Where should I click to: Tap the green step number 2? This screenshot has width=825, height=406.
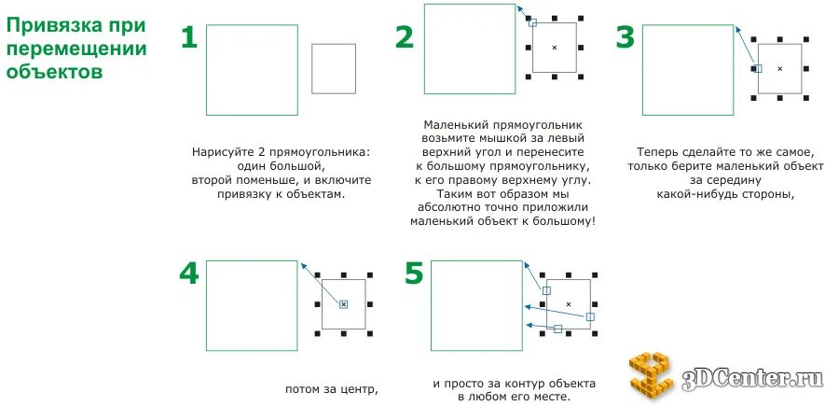click(x=404, y=37)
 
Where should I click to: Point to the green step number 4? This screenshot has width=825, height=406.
click(x=188, y=273)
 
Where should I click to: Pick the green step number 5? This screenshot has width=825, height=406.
click(x=414, y=273)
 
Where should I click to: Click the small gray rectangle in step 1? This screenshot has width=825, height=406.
click(x=334, y=68)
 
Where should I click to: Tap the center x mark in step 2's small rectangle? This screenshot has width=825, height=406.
click(x=554, y=47)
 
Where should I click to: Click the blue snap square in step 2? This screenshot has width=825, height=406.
click(x=532, y=23)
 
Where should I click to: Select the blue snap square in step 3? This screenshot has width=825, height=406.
click(x=758, y=68)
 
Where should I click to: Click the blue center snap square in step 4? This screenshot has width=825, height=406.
click(x=343, y=304)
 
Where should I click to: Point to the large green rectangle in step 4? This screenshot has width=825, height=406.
click(x=252, y=305)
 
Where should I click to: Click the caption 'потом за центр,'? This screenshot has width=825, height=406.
click(x=332, y=388)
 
